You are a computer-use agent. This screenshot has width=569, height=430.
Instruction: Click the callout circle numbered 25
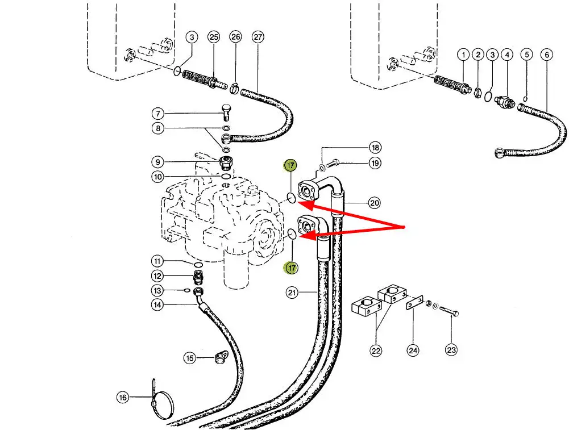213,37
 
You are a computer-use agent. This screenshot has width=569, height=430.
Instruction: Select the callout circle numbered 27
258,37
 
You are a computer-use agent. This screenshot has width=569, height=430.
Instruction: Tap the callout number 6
547,55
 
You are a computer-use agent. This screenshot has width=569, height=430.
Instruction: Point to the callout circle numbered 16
123,398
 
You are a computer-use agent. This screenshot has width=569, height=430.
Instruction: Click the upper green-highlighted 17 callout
290,166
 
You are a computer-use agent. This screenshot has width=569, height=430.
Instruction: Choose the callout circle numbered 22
376,350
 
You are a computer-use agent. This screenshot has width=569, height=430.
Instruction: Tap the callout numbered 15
189,358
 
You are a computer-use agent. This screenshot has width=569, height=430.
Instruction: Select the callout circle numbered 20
374,202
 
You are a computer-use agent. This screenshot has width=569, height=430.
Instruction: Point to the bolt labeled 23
448,312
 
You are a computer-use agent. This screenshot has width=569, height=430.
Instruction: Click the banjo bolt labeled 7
225,112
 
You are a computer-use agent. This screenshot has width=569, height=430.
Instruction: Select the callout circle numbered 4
507,55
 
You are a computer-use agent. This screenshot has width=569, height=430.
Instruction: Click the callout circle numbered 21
292,293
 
